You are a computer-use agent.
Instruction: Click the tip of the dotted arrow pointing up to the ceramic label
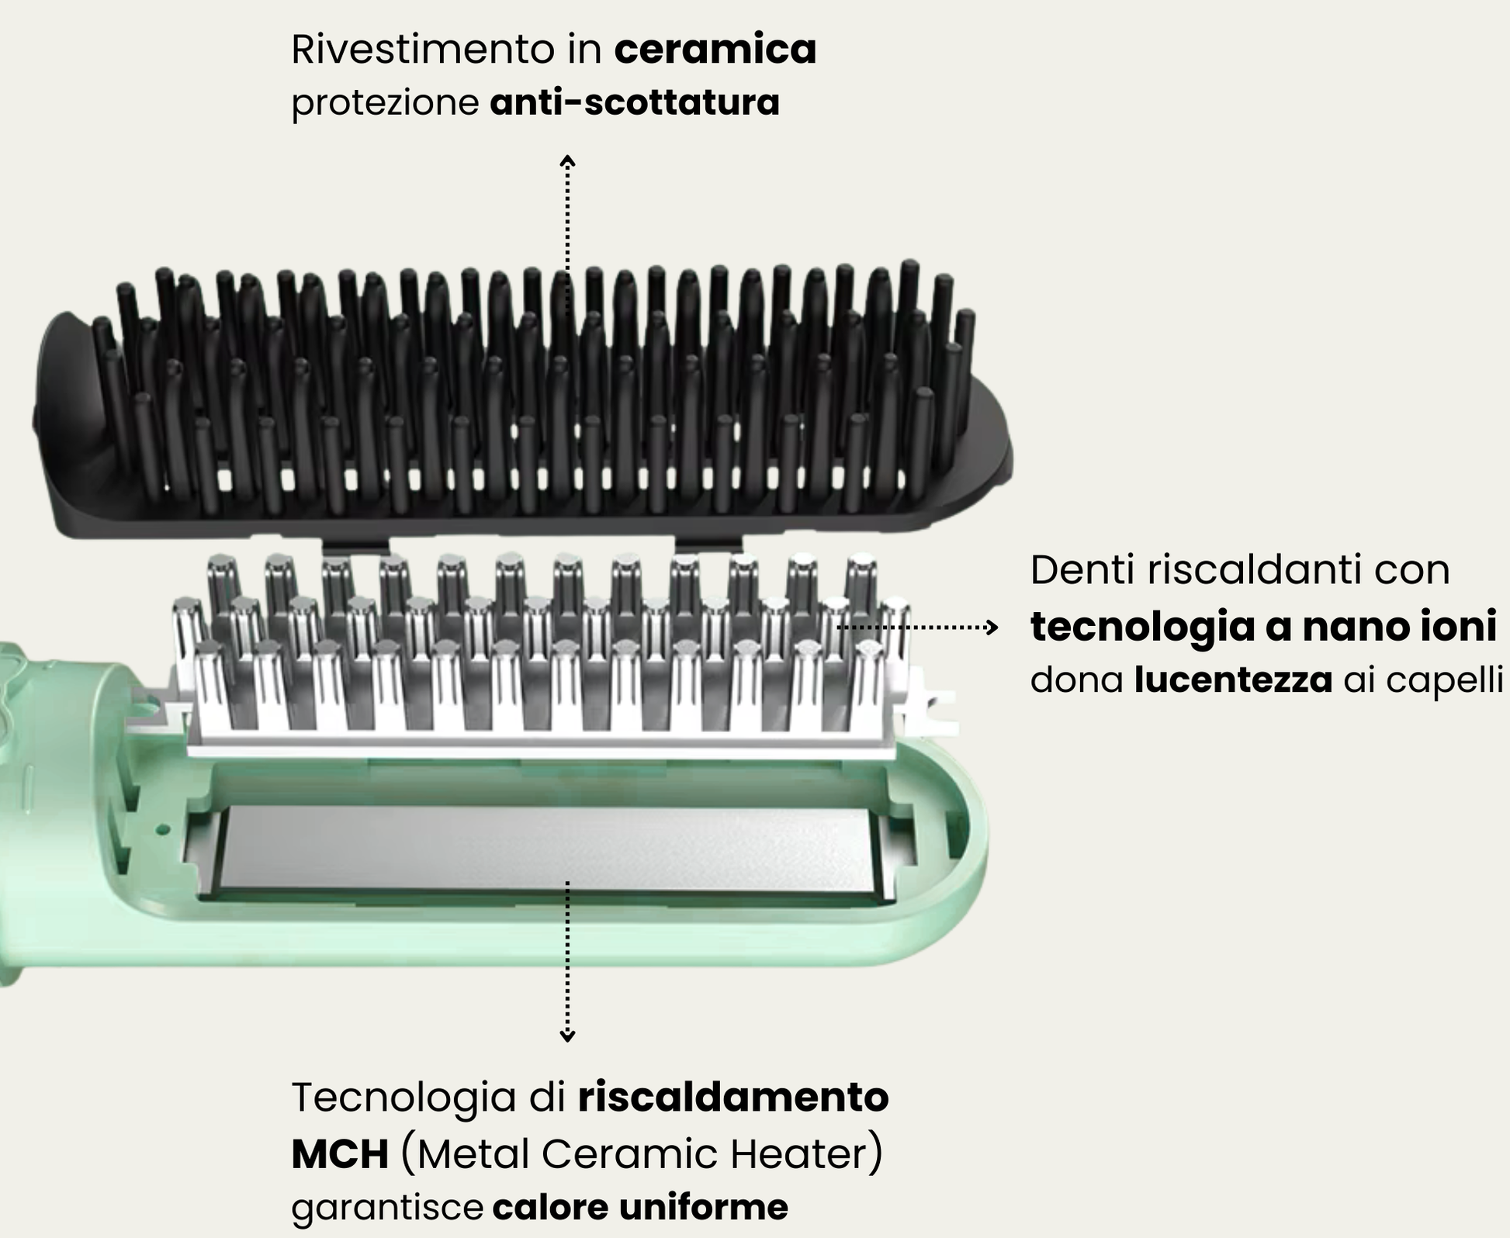coord(568,156)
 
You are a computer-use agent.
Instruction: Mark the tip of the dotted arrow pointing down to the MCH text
coord(568,1041)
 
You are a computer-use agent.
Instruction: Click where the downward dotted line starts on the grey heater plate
coord(568,883)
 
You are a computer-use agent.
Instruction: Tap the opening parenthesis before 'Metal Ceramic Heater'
coord(408,1153)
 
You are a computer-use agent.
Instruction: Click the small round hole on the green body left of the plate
coord(162,829)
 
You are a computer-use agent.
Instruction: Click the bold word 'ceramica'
coord(715,50)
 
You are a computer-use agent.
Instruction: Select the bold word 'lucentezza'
coord(1233,680)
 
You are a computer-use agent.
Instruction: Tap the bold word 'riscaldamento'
coord(733,1098)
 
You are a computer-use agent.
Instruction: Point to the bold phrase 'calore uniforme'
coord(640,1207)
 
